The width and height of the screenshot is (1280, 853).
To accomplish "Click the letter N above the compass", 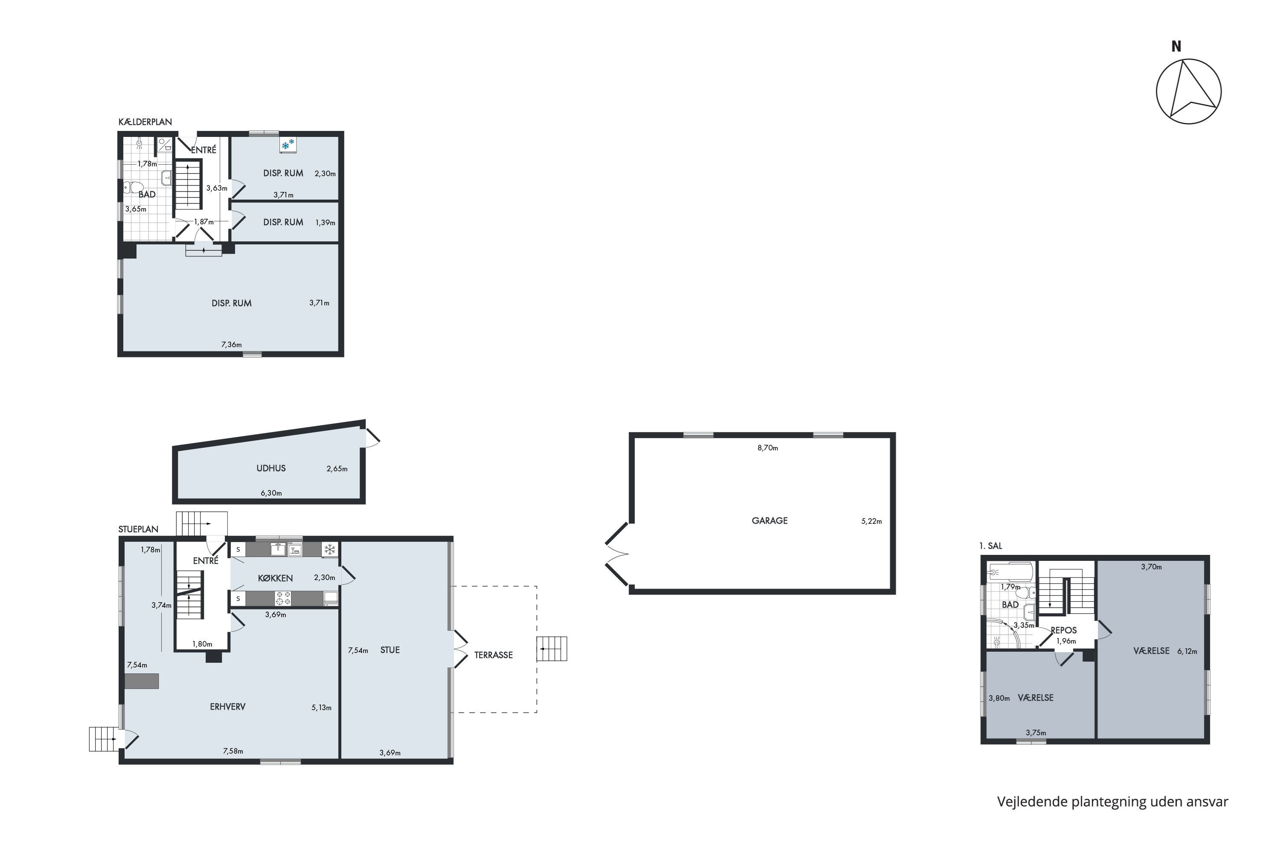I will pyautogui.click(x=1176, y=47).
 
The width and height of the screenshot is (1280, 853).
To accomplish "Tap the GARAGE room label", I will pyautogui.click(x=770, y=521).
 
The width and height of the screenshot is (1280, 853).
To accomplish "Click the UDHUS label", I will pyautogui.click(x=271, y=468).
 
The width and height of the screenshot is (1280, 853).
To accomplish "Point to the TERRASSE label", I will pyautogui.click(x=493, y=655).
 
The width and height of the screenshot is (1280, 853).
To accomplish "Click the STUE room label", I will pyautogui.click(x=390, y=650).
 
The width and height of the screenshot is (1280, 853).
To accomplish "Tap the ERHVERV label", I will pyautogui.click(x=227, y=707).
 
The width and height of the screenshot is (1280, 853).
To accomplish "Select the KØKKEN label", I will pyautogui.click(x=275, y=578).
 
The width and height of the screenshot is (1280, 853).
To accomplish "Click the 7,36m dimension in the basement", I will pyautogui.click(x=231, y=344).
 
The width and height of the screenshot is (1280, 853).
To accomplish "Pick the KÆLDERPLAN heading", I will pyautogui.click(x=145, y=122).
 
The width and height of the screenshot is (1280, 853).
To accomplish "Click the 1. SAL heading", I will pyautogui.click(x=990, y=545).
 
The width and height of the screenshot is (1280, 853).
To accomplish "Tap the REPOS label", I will pyautogui.click(x=1063, y=630).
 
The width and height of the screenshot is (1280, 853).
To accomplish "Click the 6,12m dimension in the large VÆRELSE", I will pyautogui.click(x=1187, y=651).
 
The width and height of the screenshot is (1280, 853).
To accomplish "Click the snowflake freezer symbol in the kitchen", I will pyautogui.click(x=329, y=549).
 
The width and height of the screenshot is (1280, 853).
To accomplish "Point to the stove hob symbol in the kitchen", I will pyautogui.click(x=283, y=598).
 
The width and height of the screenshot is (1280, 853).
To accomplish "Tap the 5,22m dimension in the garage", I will pyautogui.click(x=871, y=521).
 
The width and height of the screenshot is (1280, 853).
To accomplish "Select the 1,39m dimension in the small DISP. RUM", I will pyautogui.click(x=325, y=223).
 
